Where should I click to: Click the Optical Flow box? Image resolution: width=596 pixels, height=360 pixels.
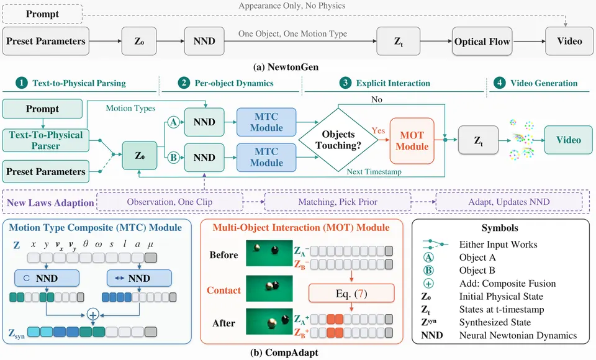(x=482, y=42)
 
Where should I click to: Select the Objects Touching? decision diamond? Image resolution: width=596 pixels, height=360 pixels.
(x=338, y=140)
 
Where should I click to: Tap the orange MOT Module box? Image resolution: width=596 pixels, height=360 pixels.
(x=412, y=141)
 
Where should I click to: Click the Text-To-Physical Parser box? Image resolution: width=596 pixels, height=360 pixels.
(x=45, y=140)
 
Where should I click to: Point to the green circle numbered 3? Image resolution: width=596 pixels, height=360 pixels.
(x=345, y=83)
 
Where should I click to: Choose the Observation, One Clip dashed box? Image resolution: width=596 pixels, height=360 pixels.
(x=169, y=202)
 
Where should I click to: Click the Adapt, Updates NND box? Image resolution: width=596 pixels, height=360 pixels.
(x=509, y=202)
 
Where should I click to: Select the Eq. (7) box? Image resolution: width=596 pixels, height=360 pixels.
(x=351, y=294)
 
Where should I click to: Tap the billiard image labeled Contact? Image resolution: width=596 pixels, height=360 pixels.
(x=269, y=288)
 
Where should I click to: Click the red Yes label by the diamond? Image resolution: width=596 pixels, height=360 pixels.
(x=378, y=130)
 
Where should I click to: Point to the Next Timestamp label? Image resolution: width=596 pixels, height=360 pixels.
(x=374, y=171)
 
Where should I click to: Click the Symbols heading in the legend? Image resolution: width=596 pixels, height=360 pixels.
(x=500, y=228)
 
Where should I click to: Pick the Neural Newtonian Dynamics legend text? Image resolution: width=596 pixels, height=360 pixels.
(x=518, y=335)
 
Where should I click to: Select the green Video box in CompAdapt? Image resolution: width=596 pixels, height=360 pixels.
(x=568, y=140)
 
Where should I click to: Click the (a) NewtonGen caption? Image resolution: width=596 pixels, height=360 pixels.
(x=286, y=67)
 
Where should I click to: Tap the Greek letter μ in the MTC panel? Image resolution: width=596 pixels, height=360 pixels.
(x=150, y=245)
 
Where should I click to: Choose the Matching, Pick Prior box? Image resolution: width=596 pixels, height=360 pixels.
(x=338, y=202)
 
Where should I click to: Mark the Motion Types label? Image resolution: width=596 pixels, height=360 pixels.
(x=130, y=109)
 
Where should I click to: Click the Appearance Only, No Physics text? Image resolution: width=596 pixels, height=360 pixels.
(x=292, y=6)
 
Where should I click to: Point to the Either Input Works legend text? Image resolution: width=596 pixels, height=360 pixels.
(x=498, y=245)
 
